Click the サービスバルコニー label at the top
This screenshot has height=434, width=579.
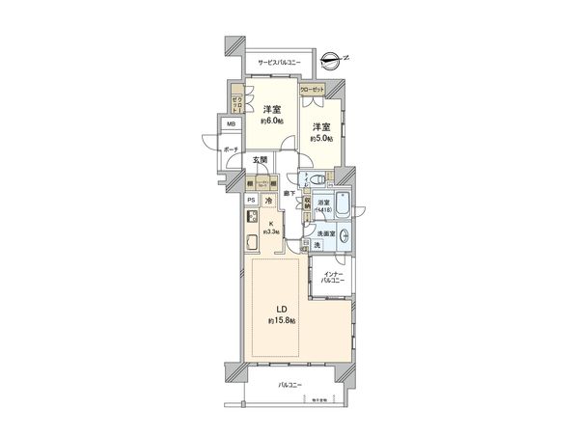(x=279, y=63)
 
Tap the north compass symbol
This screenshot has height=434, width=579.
(x=332, y=60)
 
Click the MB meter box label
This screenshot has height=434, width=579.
(x=231, y=125)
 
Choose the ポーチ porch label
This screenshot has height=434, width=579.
(x=231, y=150)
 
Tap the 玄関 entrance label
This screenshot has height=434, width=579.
(x=261, y=161)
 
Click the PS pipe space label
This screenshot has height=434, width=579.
(x=250, y=200)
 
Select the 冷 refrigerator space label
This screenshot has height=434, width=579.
(x=270, y=200)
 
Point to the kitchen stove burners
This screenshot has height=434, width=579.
(x=250, y=216)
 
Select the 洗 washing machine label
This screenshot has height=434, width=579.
(x=317, y=246)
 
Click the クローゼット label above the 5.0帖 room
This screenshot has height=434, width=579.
(x=312, y=89)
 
